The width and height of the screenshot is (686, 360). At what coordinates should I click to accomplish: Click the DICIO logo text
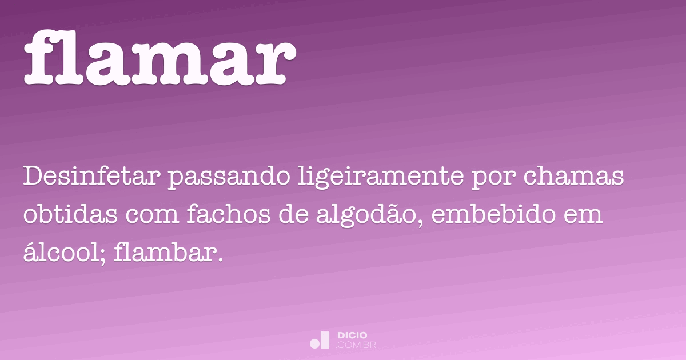(353, 335)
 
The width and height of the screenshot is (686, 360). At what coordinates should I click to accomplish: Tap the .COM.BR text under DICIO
(357, 345)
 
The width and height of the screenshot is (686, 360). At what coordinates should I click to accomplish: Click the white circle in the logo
(314, 343)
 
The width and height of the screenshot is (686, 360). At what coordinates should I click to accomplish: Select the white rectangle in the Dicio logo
(325, 339)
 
